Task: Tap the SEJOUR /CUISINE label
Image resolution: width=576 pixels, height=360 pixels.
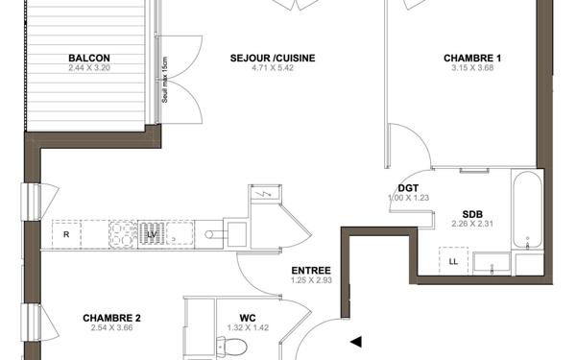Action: tap(273, 58)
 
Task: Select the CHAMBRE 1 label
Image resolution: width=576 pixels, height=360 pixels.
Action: tap(472, 58)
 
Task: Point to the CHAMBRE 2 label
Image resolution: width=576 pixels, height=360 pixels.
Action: tap(111, 318)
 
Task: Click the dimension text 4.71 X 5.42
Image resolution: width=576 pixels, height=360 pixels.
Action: tap(273, 69)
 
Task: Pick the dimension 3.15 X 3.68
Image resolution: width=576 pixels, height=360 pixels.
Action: tap(472, 69)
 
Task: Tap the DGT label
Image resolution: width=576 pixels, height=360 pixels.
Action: tap(407, 188)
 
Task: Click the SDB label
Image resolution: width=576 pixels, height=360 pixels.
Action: tap(471, 213)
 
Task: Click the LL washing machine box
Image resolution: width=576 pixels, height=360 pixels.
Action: tap(452, 261)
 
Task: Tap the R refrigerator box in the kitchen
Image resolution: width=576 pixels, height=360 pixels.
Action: tap(66, 233)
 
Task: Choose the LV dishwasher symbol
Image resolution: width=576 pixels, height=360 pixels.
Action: tap(152, 233)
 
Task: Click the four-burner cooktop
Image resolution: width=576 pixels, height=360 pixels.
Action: tap(123, 233)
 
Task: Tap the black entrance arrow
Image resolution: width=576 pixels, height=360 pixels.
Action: tap(356, 341)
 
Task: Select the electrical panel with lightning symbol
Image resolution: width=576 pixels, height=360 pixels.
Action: tap(262, 195)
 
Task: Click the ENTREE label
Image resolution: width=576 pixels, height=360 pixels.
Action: tap(311, 271)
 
